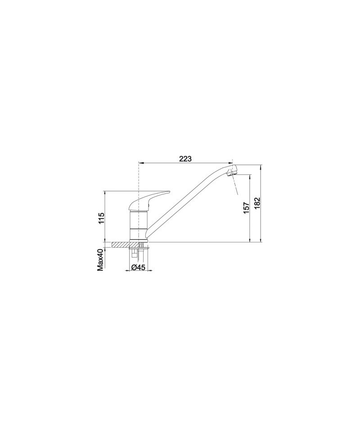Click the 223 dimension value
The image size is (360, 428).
click(185, 159)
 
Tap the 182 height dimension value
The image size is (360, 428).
click(257, 203)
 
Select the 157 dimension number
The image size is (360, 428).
click(246, 208)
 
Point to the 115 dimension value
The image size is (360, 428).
click(101, 218)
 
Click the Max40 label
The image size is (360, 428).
click(101, 260)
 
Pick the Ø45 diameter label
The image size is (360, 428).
click(138, 268)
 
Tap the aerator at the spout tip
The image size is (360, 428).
click(232, 172)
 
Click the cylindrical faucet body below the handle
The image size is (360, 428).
click(138, 225)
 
